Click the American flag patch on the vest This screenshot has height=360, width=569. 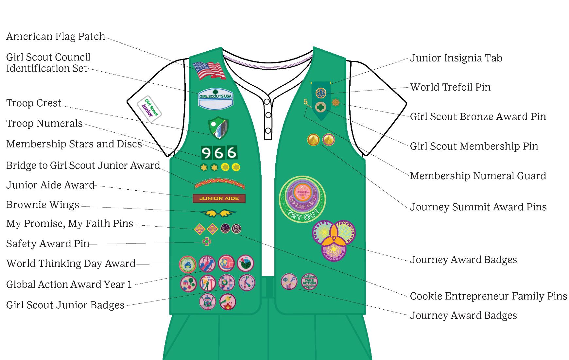pyautogui.click(x=209, y=71)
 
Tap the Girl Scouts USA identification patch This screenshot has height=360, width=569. pyautogui.click(x=216, y=99)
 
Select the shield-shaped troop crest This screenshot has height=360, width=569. pyautogui.click(x=218, y=128)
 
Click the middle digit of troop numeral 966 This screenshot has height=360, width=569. pyautogui.click(x=218, y=153)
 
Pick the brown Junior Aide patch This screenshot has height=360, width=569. pyautogui.click(x=219, y=198)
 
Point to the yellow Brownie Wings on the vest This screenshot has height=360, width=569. pyautogui.click(x=218, y=214)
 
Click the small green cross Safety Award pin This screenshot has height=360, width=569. pyautogui.click(x=207, y=242)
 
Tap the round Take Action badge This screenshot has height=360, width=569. pyautogui.click(x=309, y=282)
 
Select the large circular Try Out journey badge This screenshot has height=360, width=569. pyautogui.click(x=302, y=199)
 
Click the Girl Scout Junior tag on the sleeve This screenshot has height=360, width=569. pyautogui.click(x=149, y=109)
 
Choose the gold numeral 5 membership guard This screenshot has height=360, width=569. pyautogui.click(x=305, y=102)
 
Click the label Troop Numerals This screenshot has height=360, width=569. pyautogui.click(x=44, y=124)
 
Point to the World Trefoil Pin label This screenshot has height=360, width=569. pyautogui.click(x=450, y=87)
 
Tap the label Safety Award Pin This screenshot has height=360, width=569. pyautogui.click(x=48, y=244)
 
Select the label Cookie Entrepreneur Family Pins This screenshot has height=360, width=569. pyautogui.click(x=488, y=296)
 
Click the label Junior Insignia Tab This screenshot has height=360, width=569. pyautogui.click(x=456, y=58)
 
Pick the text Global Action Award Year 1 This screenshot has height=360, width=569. pyautogui.click(x=69, y=284)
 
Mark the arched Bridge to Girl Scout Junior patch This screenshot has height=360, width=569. pyautogui.click(x=219, y=183)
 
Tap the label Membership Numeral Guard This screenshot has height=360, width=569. pyautogui.click(x=478, y=176)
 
